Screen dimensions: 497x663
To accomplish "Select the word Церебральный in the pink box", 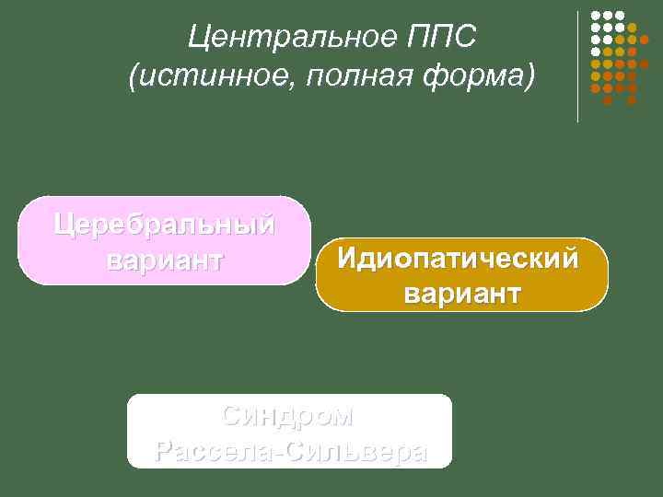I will pyautogui.click(x=164, y=224).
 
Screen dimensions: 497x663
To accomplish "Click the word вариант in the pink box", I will pyautogui.click(x=164, y=260).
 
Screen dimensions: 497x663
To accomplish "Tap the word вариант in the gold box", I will pyautogui.click(x=460, y=295).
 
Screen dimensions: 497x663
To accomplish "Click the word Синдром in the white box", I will pyautogui.click(x=287, y=416).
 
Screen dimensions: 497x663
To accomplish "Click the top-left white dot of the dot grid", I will pyautogui.click(x=596, y=16).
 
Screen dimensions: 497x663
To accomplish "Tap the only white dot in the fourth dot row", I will pyautogui.click(x=596, y=52).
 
